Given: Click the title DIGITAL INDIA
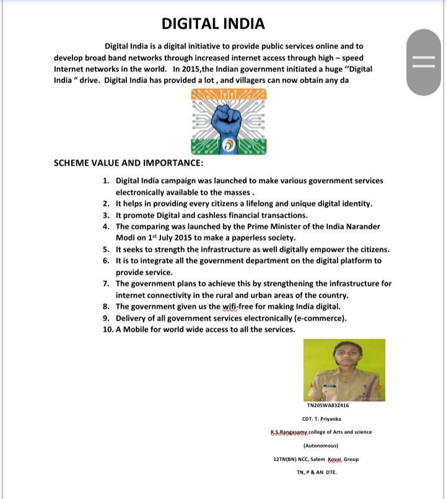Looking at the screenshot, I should tap(213, 24).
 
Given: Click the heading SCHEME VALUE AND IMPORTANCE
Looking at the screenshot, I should tap(128, 164).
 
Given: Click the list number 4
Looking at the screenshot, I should tap(106, 226).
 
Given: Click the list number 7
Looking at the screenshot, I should tap(106, 283).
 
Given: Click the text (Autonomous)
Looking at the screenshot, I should tap(321, 445).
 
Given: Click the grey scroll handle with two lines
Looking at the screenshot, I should tap(424, 64).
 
